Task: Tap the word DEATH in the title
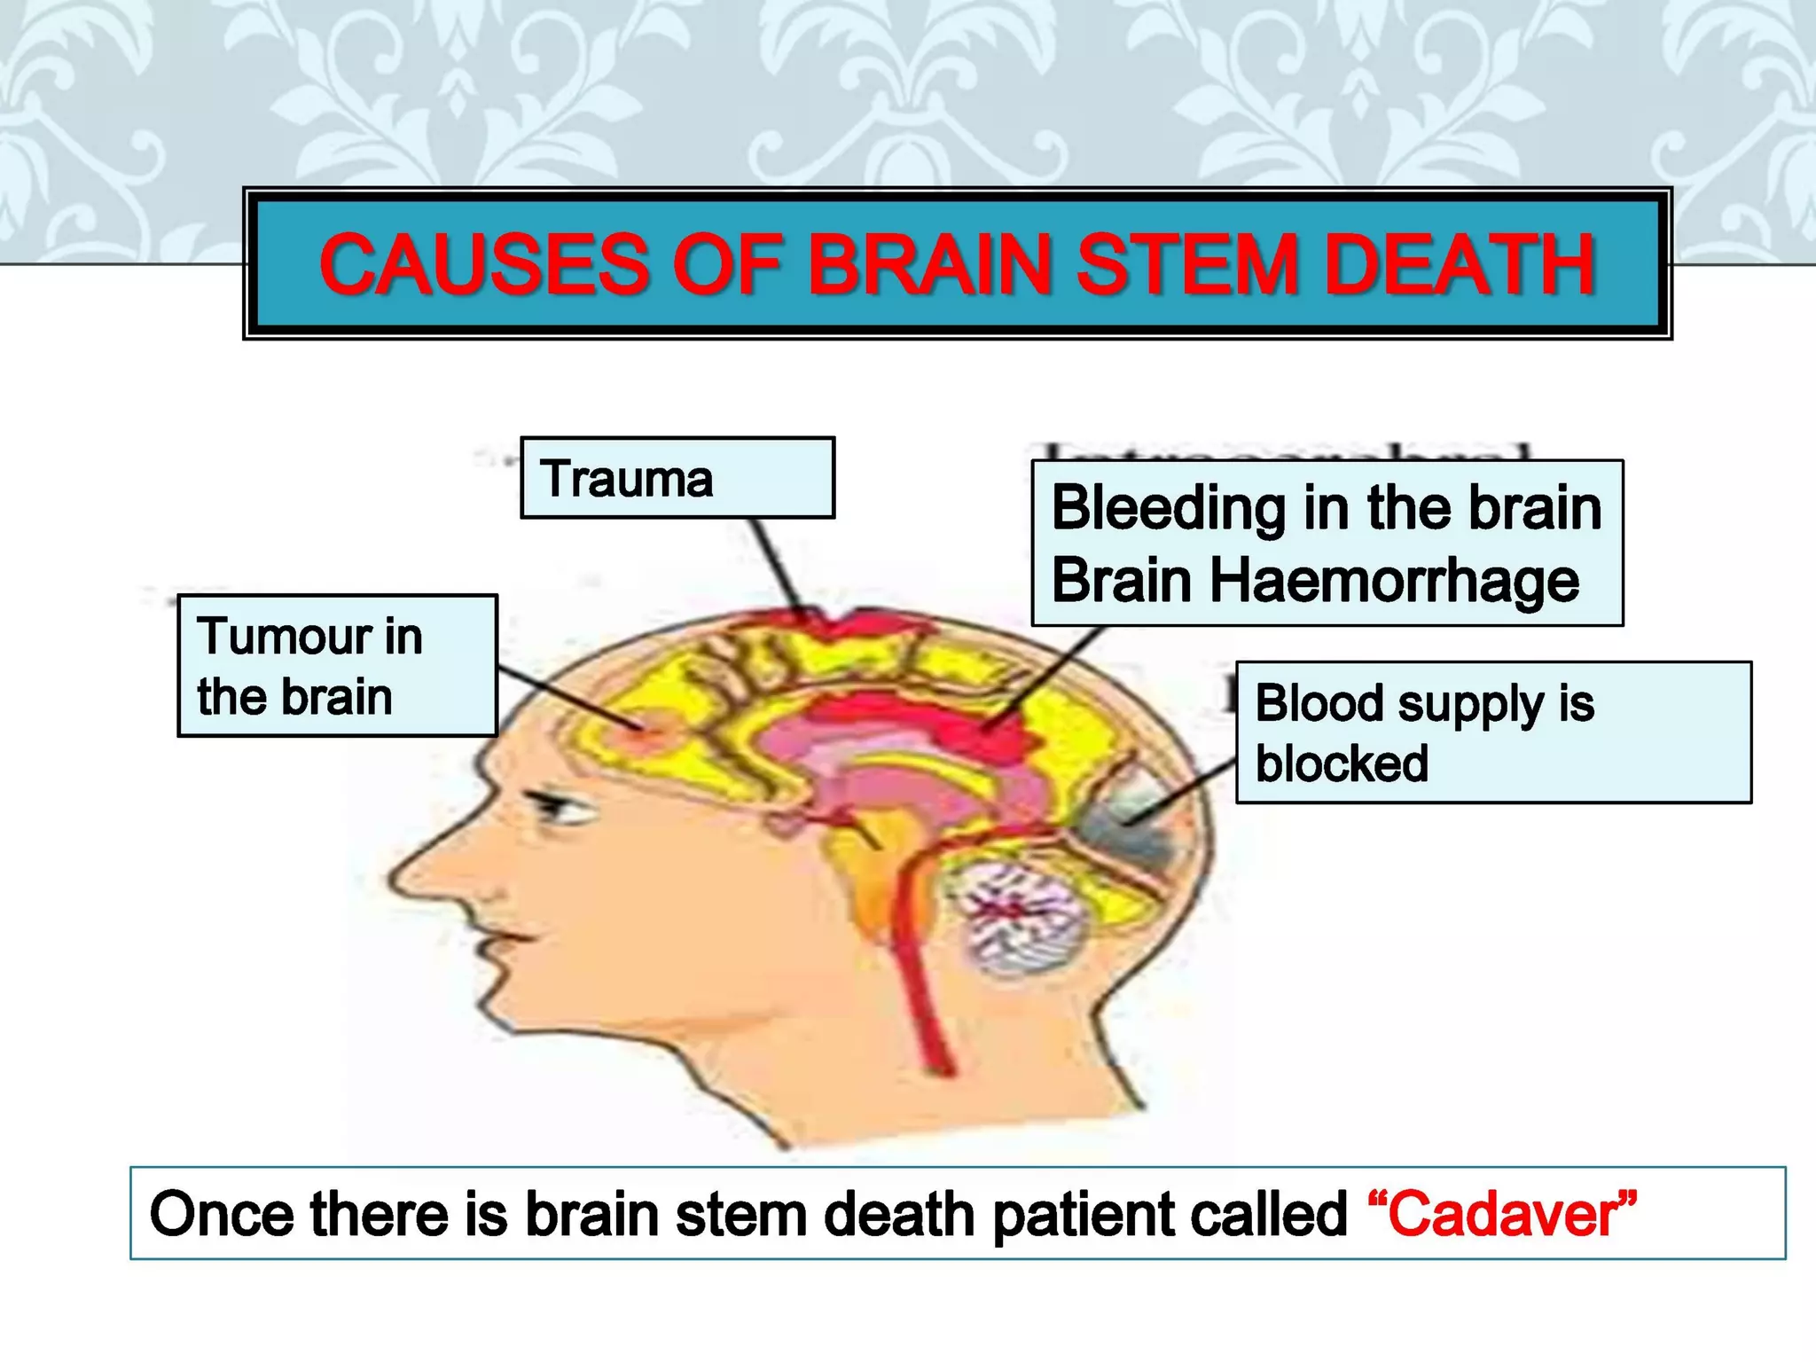click(1459, 264)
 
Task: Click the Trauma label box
click(677, 478)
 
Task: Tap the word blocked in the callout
click(1342, 763)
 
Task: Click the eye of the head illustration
click(555, 807)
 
